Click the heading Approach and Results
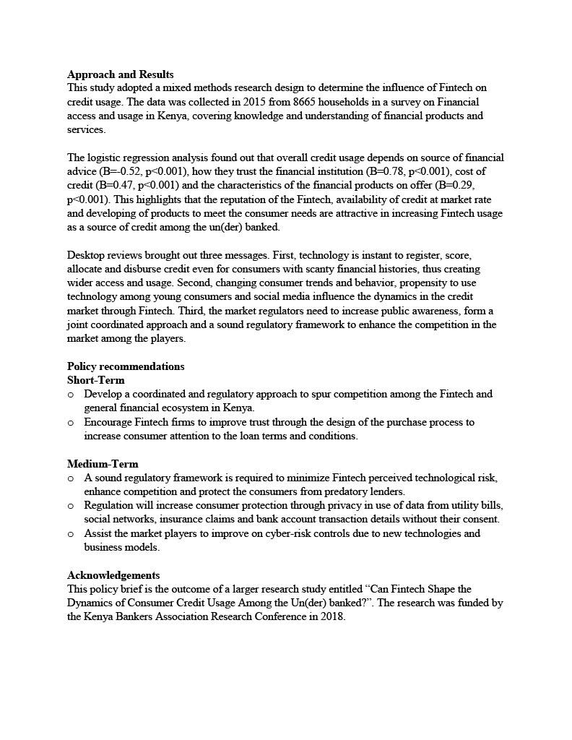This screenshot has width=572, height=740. pyautogui.click(x=120, y=74)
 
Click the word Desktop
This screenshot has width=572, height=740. pyautogui.click(x=87, y=255)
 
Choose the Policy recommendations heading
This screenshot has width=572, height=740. pyautogui.click(x=126, y=366)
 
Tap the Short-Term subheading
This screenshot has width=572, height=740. pyautogui.click(x=95, y=380)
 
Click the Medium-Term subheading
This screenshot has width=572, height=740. pyautogui.click(x=103, y=464)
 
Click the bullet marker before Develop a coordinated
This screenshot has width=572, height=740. pyautogui.click(x=71, y=395)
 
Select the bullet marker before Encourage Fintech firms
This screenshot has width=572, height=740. pyautogui.click(x=71, y=422)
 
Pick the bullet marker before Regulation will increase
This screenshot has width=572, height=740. pyautogui.click(x=71, y=506)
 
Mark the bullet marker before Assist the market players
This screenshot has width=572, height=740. pyautogui.click(x=71, y=534)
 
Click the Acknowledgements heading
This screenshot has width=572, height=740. pyautogui.click(x=113, y=575)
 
